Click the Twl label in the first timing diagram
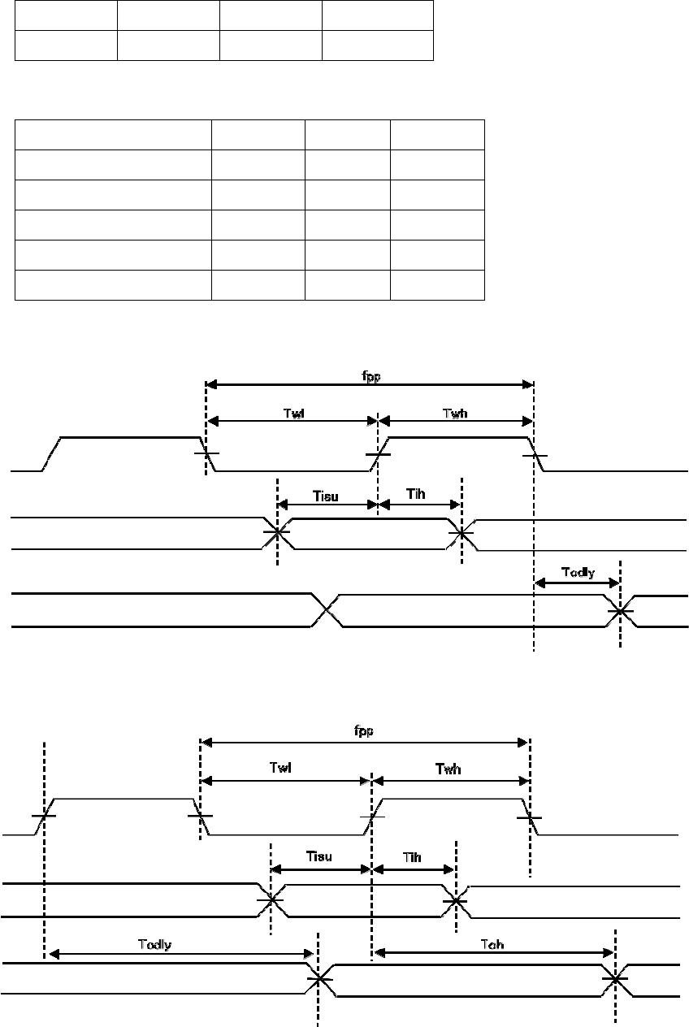(x=292, y=413)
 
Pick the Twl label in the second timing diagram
(x=286, y=769)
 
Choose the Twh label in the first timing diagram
(x=456, y=413)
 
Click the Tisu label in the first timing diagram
(x=327, y=495)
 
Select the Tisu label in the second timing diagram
(x=319, y=857)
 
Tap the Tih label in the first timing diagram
(x=420, y=495)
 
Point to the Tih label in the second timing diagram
(x=413, y=857)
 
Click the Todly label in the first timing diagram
(x=578, y=571)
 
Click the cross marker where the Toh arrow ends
(x=615, y=979)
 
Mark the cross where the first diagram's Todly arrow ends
(x=620, y=611)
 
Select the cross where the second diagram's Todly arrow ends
(x=318, y=979)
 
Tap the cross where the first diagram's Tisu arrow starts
(x=277, y=534)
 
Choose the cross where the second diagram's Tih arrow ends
(x=457, y=900)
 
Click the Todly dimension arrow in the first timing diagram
(x=577, y=583)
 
